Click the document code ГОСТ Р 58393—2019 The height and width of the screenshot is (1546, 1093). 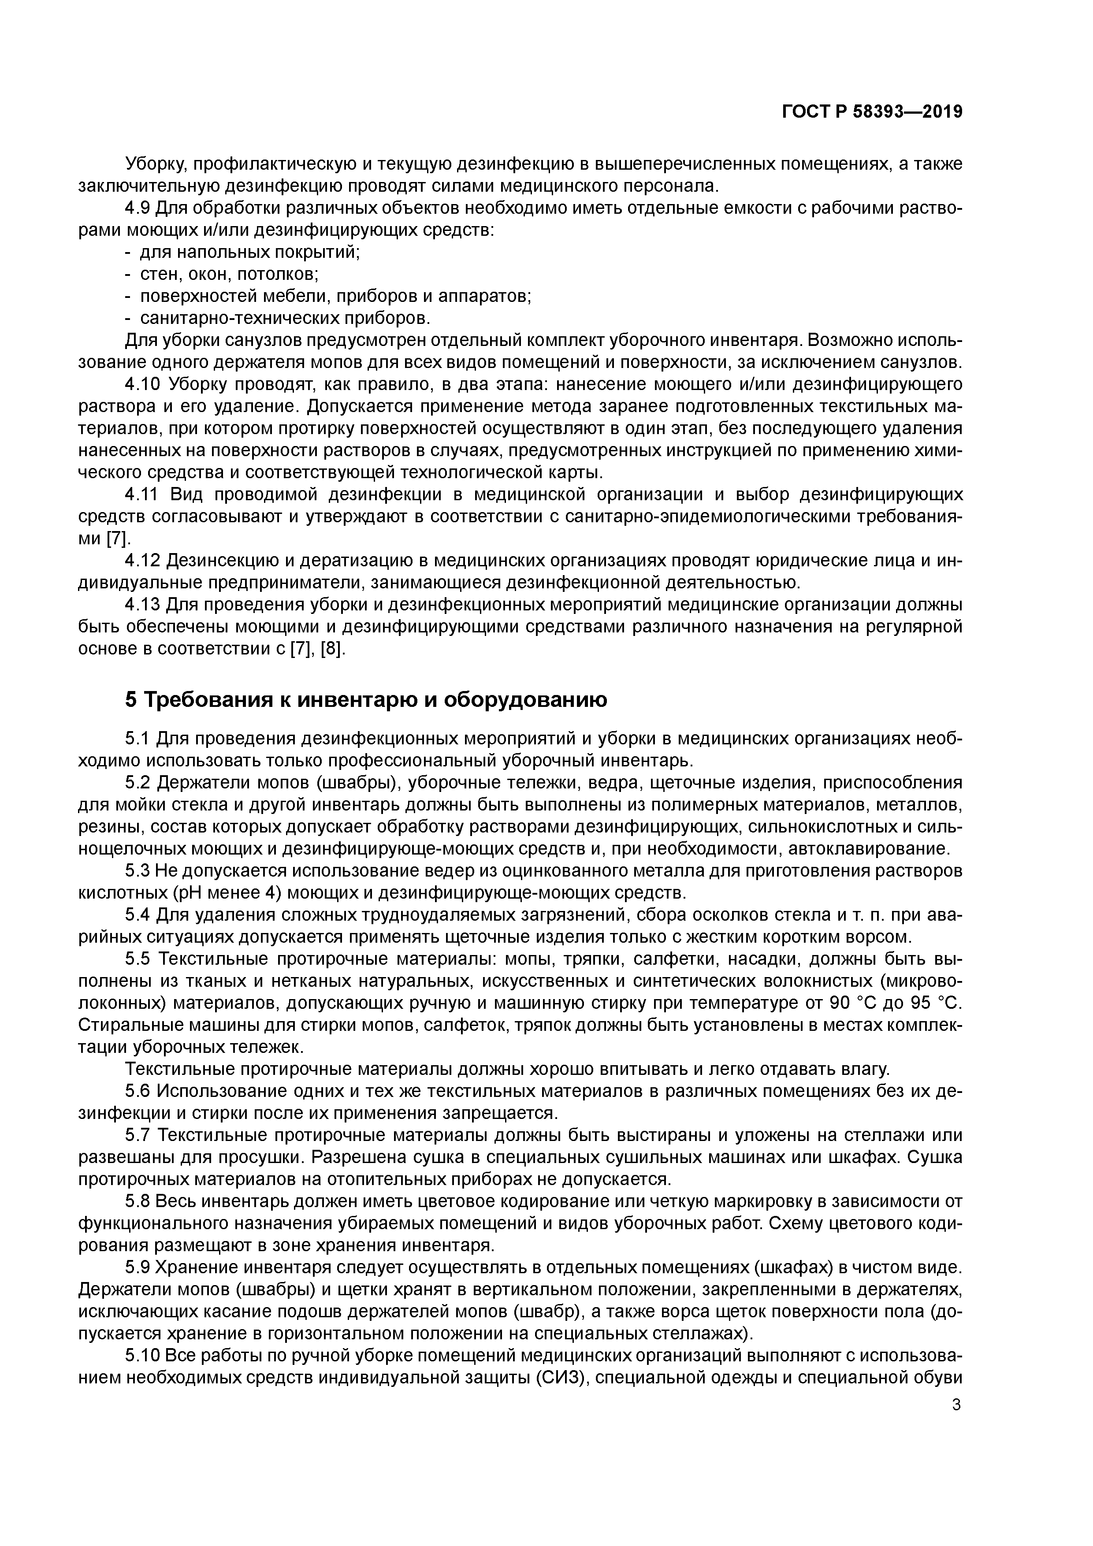(x=872, y=112)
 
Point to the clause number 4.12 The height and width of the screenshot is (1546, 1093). (x=143, y=560)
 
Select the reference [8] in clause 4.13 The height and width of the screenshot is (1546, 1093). (x=333, y=649)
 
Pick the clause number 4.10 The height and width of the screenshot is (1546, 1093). (x=143, y=384)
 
